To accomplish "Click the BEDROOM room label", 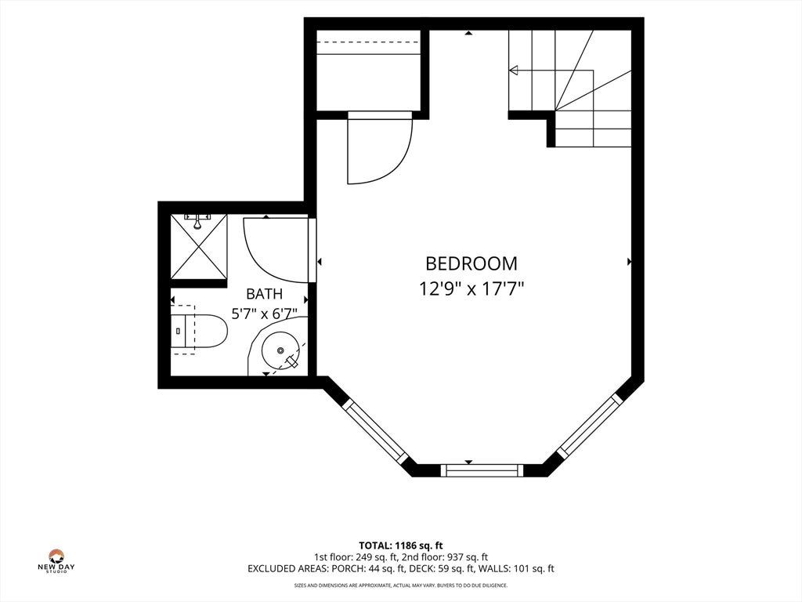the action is [471, 263].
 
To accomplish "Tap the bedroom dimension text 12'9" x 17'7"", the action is [472, 289].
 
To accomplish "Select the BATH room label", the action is [264, 294].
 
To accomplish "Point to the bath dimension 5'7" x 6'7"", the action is [265, 314].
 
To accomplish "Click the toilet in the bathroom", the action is [199, 331].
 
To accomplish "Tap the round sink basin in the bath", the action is [280, 350].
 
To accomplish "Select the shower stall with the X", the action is [198, 247].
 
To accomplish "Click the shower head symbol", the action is [197, 220].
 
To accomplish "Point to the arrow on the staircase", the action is [551, 70].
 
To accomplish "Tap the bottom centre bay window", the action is [479, 470].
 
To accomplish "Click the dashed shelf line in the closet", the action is [368, 42].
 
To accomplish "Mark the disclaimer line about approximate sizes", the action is [400, 585].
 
